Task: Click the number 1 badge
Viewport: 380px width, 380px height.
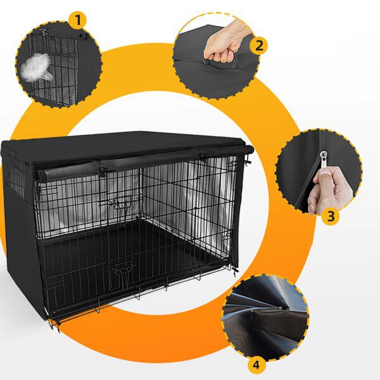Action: tap(79, 20)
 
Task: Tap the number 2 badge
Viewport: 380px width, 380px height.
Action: tap(259, 45)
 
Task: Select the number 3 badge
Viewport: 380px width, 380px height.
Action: tap(330, 216)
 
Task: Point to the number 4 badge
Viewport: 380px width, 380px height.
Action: tap(256, 365)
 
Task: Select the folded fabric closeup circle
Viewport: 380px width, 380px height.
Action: tap(265, 316)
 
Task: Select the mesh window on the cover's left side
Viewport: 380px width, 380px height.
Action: tap(18, 174)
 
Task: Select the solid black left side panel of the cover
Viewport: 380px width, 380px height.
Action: tap(22, 253)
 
